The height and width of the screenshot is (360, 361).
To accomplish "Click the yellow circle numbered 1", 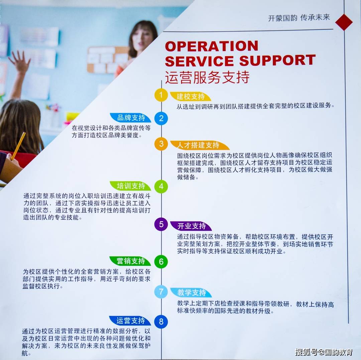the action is [x=161, y=95].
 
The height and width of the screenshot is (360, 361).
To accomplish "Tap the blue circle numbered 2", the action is [x=161, y=119].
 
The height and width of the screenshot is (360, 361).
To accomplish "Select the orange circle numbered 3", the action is [x=161, y=144].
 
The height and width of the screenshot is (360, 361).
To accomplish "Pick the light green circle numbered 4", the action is [x=161, y=186].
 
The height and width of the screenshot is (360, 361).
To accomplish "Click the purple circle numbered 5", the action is [x=161, y=224].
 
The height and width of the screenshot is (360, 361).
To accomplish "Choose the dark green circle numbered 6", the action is [x=161, y=261].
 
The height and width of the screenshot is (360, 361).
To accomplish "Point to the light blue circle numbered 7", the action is [x=161, y=292].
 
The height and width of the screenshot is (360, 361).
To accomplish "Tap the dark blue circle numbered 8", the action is [x=161, y=322].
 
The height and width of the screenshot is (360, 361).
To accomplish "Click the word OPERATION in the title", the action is [x=212, y=46].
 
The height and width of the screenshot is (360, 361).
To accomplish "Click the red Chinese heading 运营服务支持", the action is [x=207, y=77].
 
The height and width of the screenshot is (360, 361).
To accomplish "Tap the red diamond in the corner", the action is [x=344, y=22].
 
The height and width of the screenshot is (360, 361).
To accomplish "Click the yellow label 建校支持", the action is [x=191, y=97].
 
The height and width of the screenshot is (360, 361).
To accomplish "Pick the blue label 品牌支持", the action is [x=131, y=118].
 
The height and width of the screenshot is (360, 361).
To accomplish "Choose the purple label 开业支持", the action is [x=191, y=226].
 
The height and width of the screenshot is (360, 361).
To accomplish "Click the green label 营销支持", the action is [x=130, y=261].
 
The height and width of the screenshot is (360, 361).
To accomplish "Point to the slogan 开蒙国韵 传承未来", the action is [x=299, y=17].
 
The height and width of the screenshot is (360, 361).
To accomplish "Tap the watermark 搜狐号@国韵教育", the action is [x=324, y=352].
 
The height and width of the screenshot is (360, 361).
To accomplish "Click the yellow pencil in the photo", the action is [x=18, y=146].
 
